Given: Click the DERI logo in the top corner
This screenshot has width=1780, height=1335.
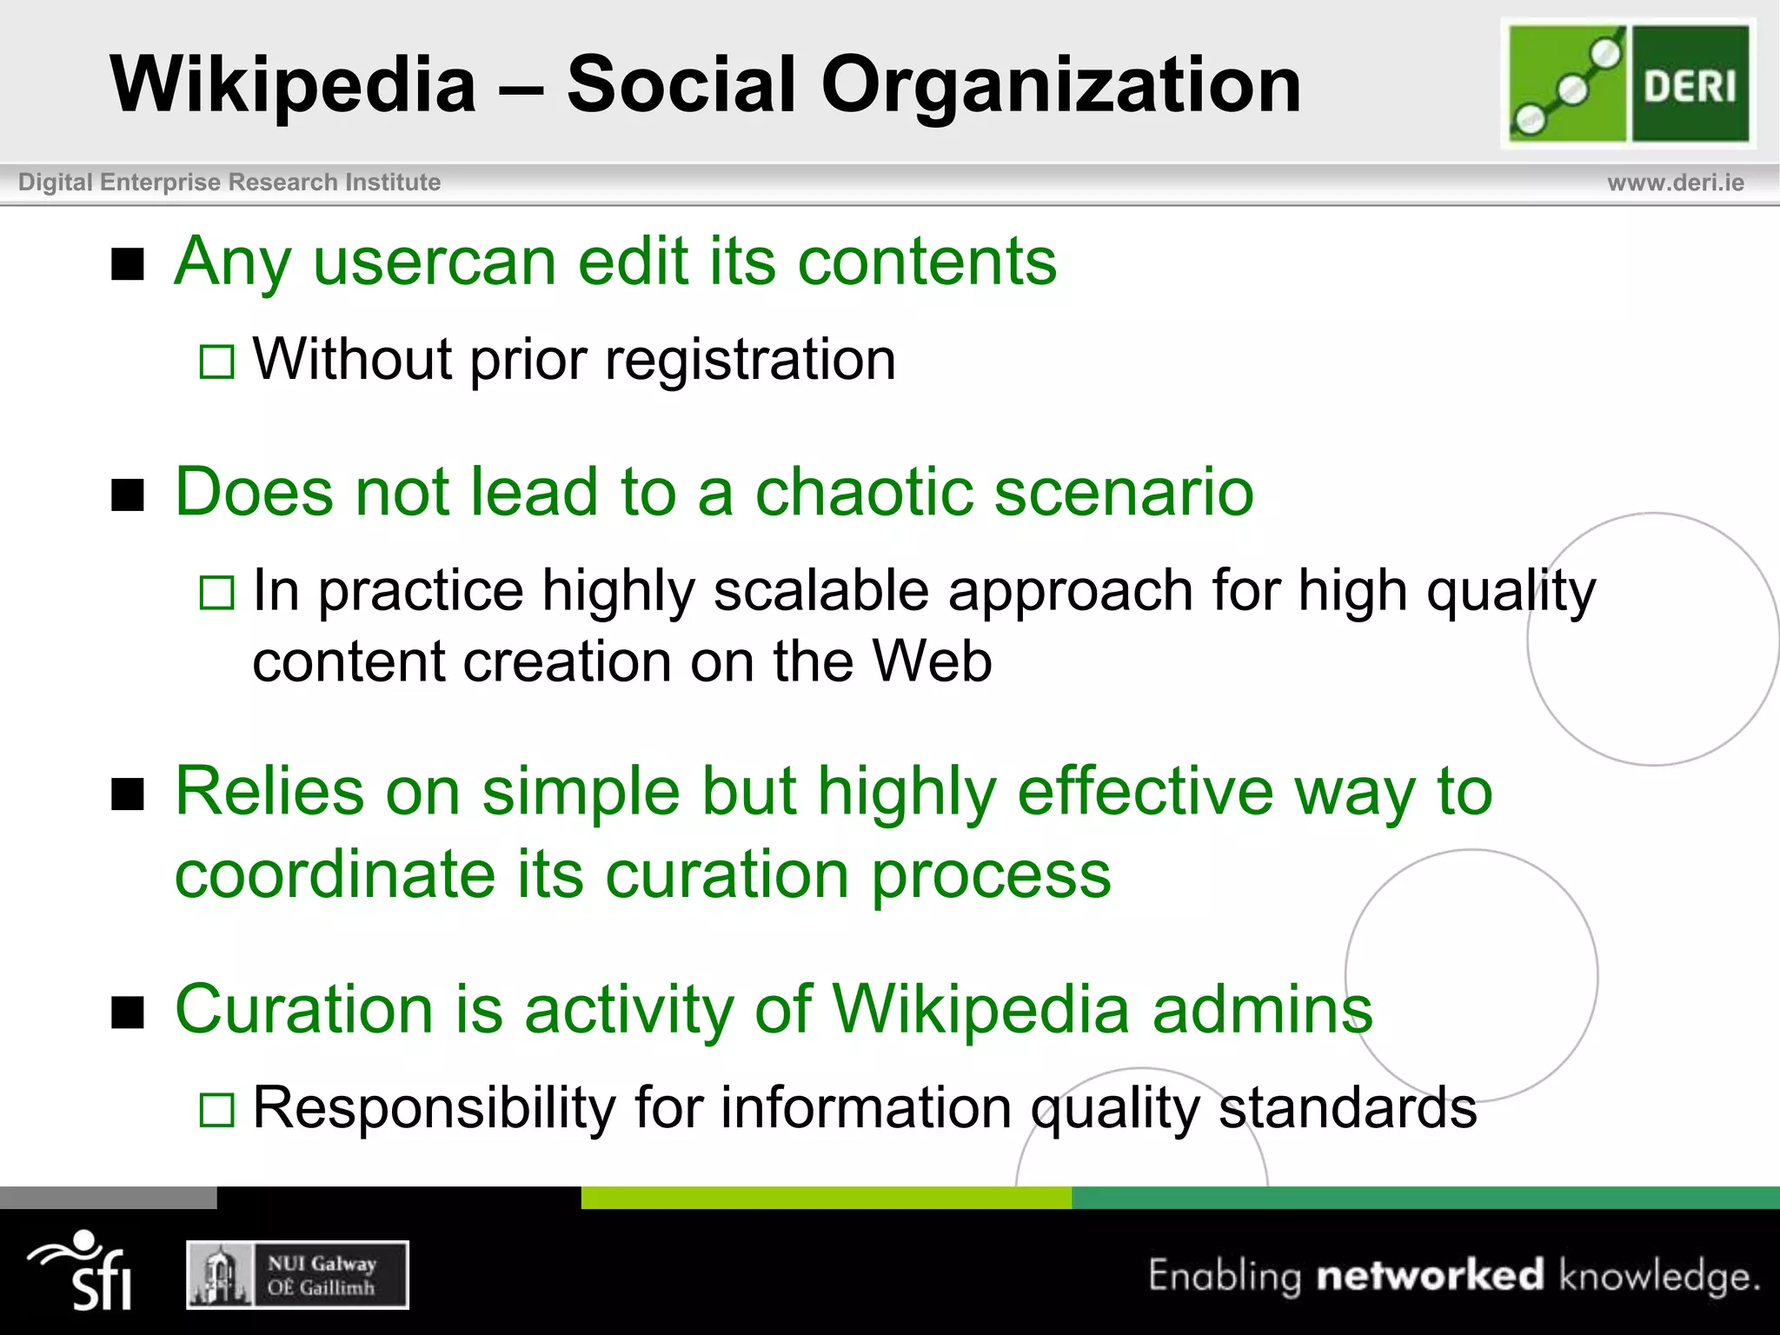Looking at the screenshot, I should click(x=1628, y=83).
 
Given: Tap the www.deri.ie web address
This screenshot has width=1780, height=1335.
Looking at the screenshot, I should click(x=1675, y=183).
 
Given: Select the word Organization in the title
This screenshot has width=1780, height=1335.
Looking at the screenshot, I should click(x=1060, y=86).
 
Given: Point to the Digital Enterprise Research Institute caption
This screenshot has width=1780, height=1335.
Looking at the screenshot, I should click(x=229, y=183).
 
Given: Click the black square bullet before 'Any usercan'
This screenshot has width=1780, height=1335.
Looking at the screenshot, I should click(x=128, y=264).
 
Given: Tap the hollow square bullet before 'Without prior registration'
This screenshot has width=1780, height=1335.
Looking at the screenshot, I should click(x=216, y=362).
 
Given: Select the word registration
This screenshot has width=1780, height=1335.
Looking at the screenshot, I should click(x=750, y=360).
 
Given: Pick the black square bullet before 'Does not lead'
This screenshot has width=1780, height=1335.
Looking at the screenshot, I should click(x=128, y=495).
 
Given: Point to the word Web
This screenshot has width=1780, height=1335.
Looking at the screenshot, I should click(x=932, y=662).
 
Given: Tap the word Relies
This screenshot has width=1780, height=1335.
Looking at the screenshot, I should click(x=269, y=792).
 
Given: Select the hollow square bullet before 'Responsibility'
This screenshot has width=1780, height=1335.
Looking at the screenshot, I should click(x=216, y=1110).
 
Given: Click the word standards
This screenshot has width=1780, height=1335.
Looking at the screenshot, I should click(x=1347, y=1108).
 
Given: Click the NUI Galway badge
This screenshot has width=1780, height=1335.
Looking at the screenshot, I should click(x=297, y=1275).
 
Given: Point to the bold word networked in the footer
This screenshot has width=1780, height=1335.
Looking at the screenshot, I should click(x=1431, y=1276).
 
